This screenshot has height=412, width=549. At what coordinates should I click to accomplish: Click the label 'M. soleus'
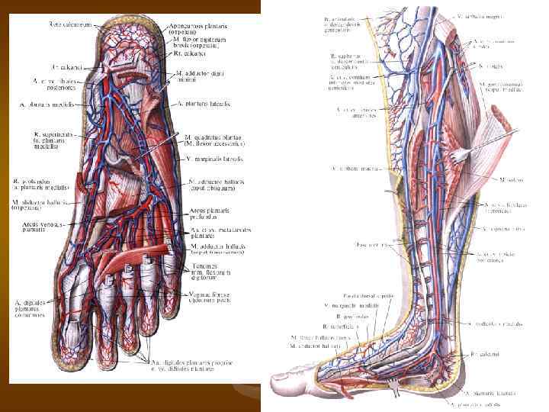tap(512, 180)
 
